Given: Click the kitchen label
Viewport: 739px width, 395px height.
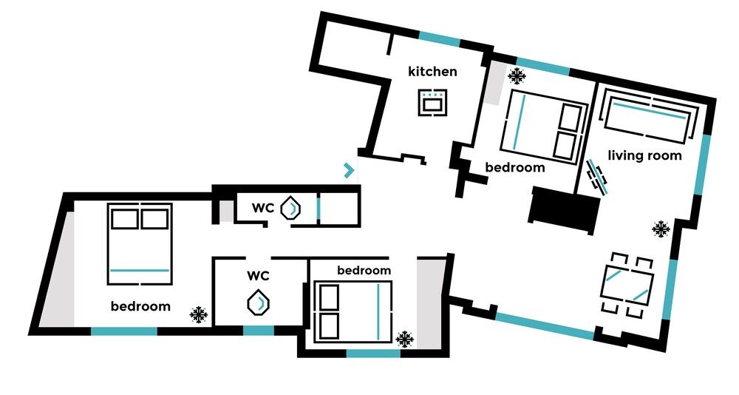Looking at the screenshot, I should tap(432, 72).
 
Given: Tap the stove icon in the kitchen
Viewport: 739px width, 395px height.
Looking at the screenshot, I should tap(432, 102).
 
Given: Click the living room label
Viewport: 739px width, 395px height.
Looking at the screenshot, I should tap(644, 156).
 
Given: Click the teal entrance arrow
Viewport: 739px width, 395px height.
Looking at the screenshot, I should tap(349, 171).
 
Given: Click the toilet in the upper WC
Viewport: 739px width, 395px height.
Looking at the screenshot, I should tap(292, 209).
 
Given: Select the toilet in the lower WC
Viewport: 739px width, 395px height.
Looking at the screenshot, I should tap(258, 303).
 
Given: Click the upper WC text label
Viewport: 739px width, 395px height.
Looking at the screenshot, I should tap(262, 209).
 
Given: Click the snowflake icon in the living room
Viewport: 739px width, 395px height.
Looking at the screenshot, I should tap(661, 229).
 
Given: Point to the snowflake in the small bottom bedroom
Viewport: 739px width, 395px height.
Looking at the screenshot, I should tap(404, 339).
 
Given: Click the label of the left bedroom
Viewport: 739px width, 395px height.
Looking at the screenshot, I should tap(140, 306).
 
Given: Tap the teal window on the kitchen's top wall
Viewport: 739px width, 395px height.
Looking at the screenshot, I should tap(441, 38).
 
